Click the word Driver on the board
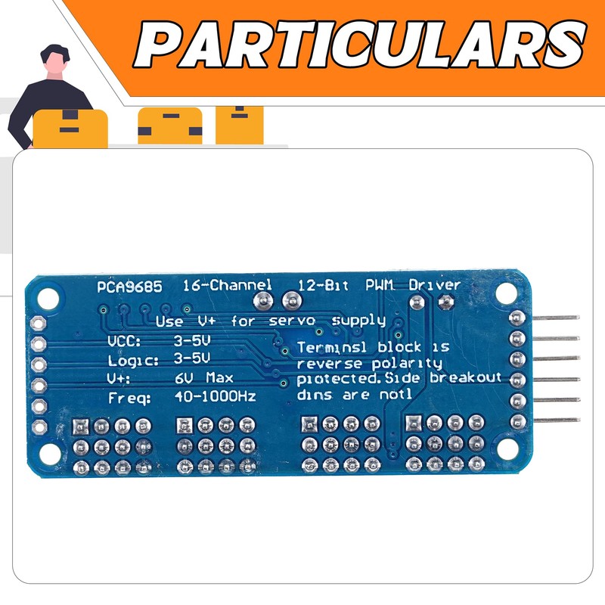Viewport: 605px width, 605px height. (x=434, y=286)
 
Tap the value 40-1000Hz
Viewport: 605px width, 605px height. (x=215, y=396)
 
